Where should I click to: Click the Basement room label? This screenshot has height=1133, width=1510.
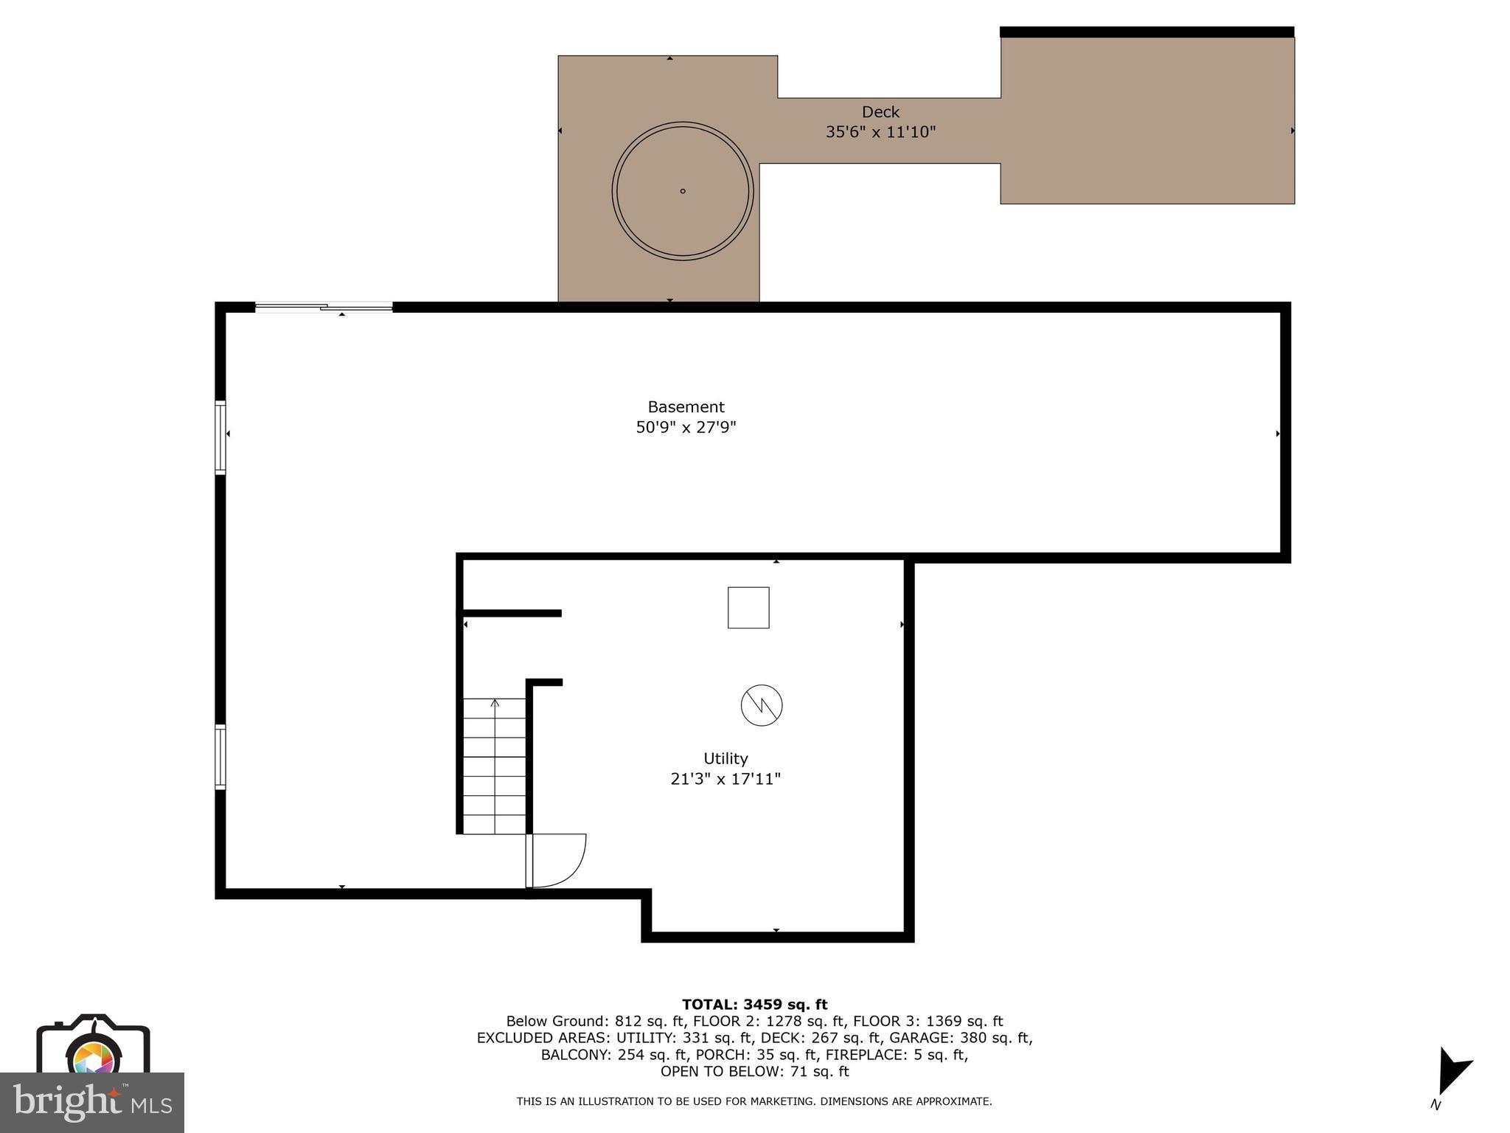click(x=686, y=406)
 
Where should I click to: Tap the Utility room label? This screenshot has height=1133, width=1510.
click(x=726, y=758)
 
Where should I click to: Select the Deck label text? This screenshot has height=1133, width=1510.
click(x=880, y=112)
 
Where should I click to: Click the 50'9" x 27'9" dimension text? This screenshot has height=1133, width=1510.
click(x=686, y=427)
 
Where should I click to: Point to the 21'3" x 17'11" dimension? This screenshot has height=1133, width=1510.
click(x=726, y=779)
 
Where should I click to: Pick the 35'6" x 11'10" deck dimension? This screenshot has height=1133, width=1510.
click(x=880, y=132)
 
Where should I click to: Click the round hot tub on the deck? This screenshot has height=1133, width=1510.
click(x=683, y=191)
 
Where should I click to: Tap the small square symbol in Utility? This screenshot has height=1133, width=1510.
click(x=748, y=608)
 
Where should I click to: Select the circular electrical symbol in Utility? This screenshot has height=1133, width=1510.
click(x=762, y=705)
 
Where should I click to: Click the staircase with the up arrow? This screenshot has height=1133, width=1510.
click(x=494, y=766)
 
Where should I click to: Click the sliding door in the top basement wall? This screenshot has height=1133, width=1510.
click(x=324, y=307)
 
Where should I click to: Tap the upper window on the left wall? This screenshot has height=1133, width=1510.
click(x=220, y=437)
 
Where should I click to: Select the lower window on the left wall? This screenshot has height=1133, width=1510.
click(x=220, y=758)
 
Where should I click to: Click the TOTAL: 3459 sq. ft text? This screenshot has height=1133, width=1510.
click(x=754, y=1004)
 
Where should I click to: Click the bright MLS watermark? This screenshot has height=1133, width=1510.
click(x=92, y=1103)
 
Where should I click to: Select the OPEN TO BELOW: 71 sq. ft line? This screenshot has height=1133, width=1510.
click(x=754, y=1071)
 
